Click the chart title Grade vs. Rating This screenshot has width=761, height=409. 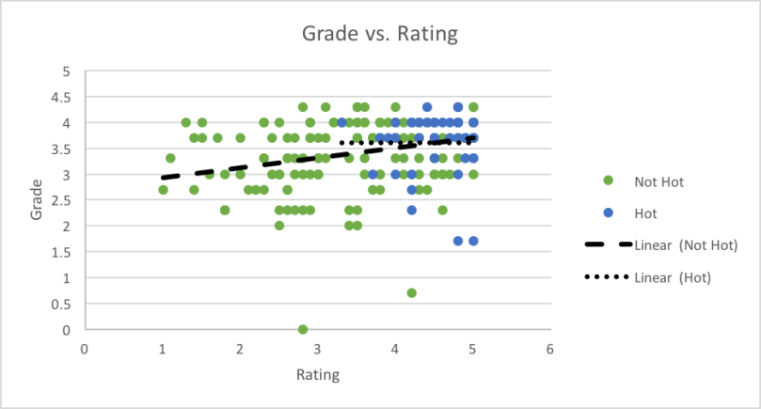pos(379,35)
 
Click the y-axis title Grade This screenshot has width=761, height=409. pos(36,199)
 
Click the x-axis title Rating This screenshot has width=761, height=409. pos(317,373)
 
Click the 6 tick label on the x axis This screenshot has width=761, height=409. pos(549,349)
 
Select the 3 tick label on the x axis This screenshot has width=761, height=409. pos(317,349)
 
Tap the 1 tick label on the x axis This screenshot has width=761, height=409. pos(163,349)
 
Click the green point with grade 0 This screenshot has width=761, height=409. pos(303,329)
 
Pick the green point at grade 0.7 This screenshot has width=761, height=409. pos(411,293)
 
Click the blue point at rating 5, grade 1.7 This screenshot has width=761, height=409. pos(473,241)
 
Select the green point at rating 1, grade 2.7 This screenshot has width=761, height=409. pos(163,190)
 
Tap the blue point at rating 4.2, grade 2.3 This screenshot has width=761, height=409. pos(411,210)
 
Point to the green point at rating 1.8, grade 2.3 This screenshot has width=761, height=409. pos(225,210)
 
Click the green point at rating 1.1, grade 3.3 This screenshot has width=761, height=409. pos(170,158)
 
